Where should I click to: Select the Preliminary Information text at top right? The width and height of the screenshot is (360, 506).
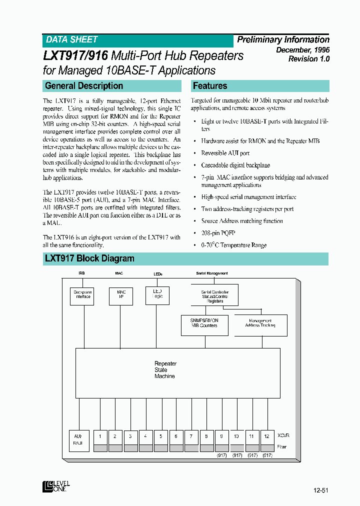tap(283, 40)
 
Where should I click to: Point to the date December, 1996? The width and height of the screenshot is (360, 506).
tap(303, 50)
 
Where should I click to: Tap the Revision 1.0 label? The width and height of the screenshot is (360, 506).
tap(308, 59)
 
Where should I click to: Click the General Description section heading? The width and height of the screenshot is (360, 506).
tap(84, 86)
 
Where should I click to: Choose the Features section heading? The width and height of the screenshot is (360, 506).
tap(210, 86)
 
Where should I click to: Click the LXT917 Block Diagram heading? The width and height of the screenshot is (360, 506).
tap(89, 258)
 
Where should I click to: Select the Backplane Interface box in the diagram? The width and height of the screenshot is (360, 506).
tap(82, 294)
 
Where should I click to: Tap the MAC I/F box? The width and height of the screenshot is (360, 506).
tap(121, 294)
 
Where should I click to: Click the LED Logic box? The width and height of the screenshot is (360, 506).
tap(157, 293)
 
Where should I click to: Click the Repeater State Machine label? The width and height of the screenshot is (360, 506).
tap(165, 370)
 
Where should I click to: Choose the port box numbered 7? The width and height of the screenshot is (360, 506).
tap(191, 436)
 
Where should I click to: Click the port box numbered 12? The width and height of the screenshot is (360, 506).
tap(267, 436)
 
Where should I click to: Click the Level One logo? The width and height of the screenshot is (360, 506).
tap(56, 486)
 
